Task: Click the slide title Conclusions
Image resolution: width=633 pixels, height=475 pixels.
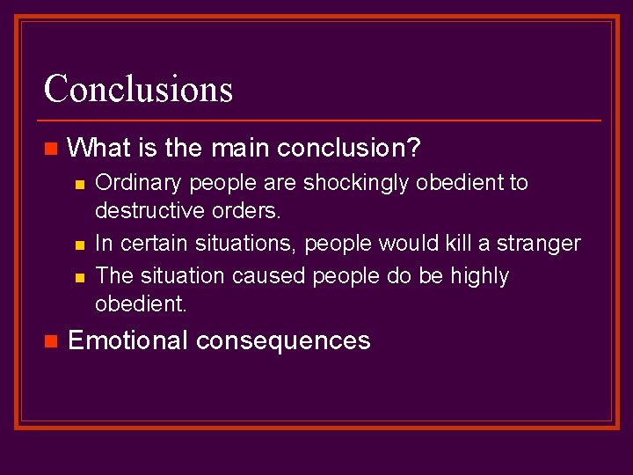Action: click(x=138, y=89)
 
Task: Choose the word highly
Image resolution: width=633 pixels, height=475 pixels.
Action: click(x=479, y=275)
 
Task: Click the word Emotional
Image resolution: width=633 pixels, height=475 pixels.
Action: click(x=127, y=340)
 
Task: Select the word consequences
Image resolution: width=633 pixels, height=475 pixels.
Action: click(x=283, y=340)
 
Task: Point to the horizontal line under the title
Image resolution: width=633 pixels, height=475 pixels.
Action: click(x=321, y=120)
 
